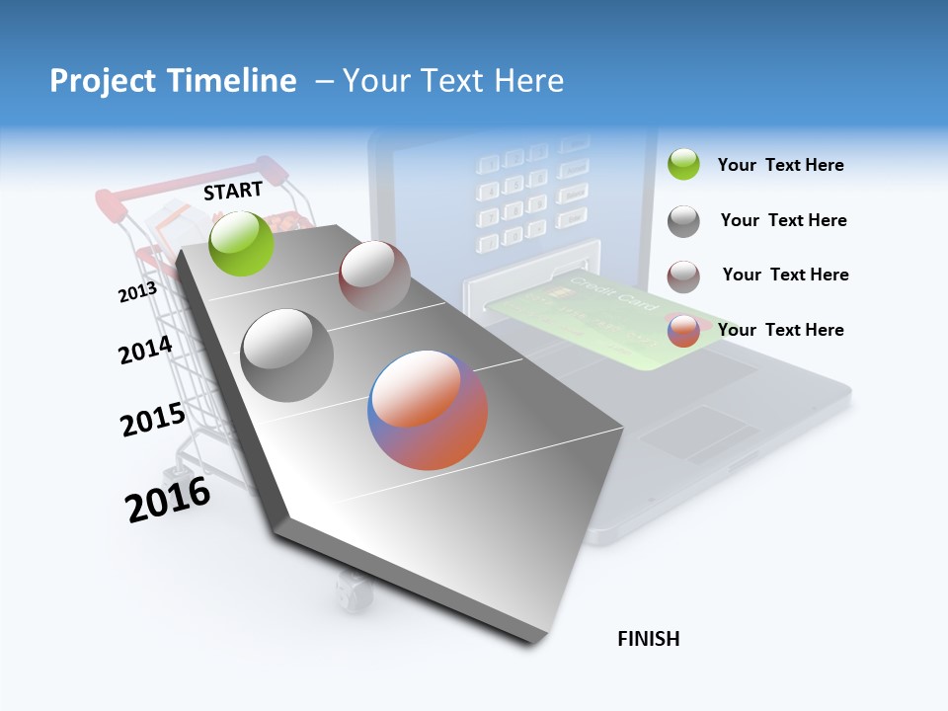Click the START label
tap(233, 191)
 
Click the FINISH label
tap(649, 639)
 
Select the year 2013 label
tap(137, 292)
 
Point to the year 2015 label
tap(152, 421)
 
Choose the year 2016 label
tap(168, 500)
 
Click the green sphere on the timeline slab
tap(242, 243)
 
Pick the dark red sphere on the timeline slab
tap(374, 276)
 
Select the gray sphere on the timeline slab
tap(286, 355)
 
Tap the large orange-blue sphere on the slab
tap(428, 410)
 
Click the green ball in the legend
tap(683, 164)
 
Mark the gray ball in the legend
tap(683, 221)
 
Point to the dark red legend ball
tap(683, 276)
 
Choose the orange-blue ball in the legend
tap(683, 331)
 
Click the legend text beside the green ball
tap(780, 165)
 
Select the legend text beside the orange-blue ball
tap(780, 330)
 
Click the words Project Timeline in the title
tap(173, 81)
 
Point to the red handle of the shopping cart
tap(111, 201)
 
